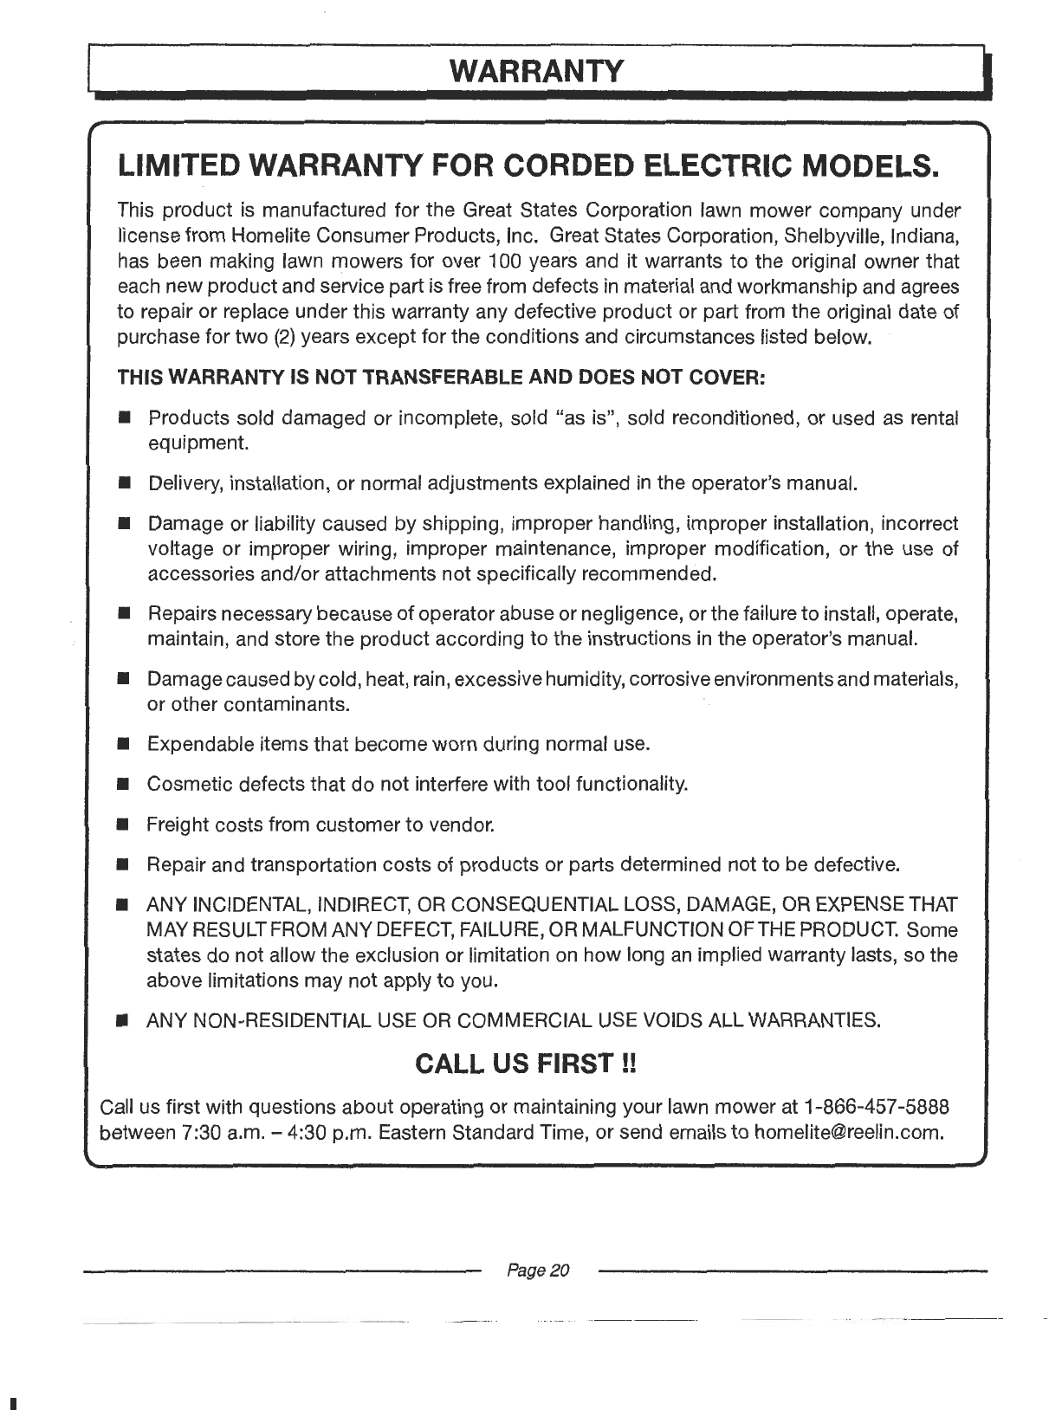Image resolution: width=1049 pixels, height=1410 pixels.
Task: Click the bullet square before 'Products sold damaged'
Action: click(125, 419)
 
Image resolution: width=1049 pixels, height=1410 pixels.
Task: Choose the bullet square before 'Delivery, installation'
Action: click(125, 483)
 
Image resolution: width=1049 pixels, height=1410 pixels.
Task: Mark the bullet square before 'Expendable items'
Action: click(125, 744)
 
